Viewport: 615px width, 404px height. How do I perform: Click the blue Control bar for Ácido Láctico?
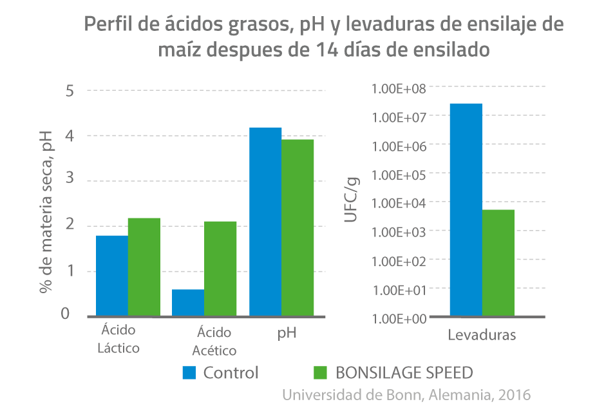[x=112, y=275]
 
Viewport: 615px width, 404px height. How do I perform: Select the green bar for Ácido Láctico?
[x=144, y=267]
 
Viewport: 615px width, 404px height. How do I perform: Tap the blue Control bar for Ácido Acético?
[x=188, y=302]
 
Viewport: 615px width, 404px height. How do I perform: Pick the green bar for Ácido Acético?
[x=220, y=268]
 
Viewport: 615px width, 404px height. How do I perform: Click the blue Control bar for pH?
[x=265, y=222]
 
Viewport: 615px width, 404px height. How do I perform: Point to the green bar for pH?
[x=298, y=227]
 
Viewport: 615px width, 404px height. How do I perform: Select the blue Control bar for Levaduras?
[x=466, y=209]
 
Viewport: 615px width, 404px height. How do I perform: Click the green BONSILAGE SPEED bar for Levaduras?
[x=498, y=263]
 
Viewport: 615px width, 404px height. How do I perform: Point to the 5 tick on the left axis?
[x=70, y=91]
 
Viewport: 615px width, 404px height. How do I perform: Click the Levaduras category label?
[x=482, y=336]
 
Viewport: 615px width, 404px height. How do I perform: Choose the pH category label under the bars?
[x=287, y=333]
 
